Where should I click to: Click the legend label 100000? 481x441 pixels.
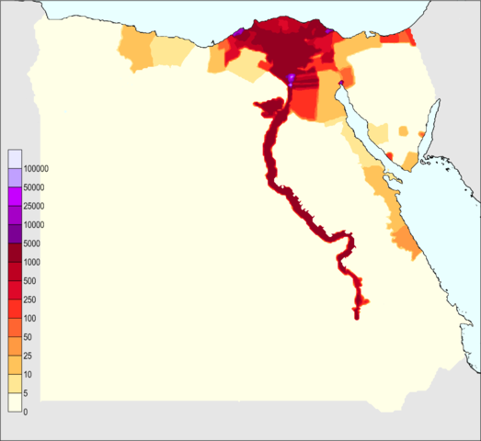click(x=38, y=169)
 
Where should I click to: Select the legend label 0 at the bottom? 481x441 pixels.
click(x=27, y=411)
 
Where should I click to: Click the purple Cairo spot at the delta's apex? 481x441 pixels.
click(x=292, y=79)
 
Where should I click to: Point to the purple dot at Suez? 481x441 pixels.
click(x=341, y=84)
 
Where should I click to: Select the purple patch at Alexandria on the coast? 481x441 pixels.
click(x=238, y=33)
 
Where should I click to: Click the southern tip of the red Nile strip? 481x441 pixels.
click(x=357, y=317)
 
